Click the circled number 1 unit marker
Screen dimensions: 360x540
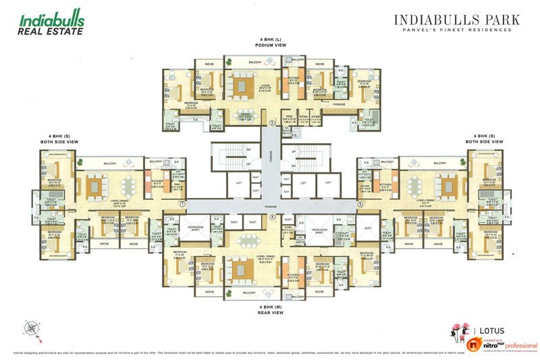tap(182, 203)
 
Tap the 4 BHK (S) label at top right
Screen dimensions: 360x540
tap(489, 138)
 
